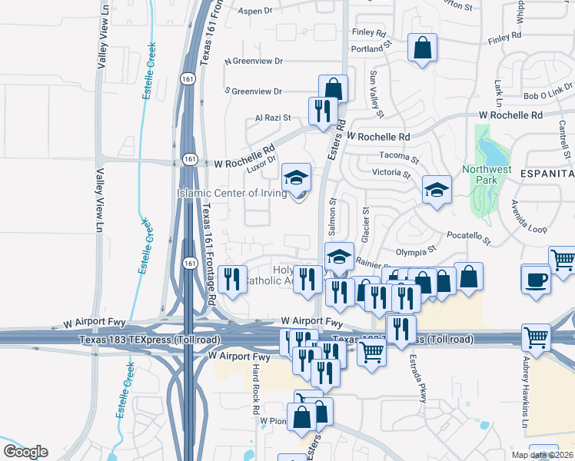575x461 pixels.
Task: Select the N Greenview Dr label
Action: pyautogui.click(x=254, y=61)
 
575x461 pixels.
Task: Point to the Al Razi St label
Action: pyautogui.click(x=273, y=118)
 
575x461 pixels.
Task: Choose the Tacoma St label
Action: pyautogui.click(x=397, y=159)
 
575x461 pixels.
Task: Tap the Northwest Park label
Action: pyautogui.click(x=486, y=174)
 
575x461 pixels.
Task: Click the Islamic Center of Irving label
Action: pyautogui.click(x=233, y=193)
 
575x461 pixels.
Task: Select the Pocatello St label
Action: pyautogui.click(x=464, y=235)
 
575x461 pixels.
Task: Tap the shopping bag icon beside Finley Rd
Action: pyautogui.click(x=422, y=48)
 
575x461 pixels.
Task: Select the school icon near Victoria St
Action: pyautogui.click(x=437, y=188)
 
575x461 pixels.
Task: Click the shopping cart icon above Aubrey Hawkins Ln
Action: pyautogui.click(x=535, y=336)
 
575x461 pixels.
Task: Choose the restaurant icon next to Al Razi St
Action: pyautogui.click(x=322, y=110)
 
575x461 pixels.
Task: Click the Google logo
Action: pyautogui.click(x=25, y=452)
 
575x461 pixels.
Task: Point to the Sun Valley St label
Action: pyautogui.click(x=374, y=89)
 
